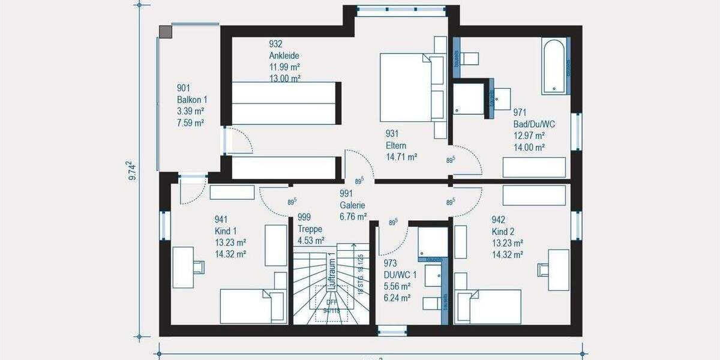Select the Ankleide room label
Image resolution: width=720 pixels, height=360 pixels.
[284, 55]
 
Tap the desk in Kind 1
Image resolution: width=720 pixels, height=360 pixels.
[182, 267]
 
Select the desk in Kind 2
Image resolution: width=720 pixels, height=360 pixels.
[558, 269]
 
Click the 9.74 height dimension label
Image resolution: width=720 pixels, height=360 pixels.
[131, 171]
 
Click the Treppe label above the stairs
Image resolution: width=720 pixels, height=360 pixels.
[310, 229]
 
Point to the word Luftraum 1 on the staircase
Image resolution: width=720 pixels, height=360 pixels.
[331, 272]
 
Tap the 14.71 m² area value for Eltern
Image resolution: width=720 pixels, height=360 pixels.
[401, 157]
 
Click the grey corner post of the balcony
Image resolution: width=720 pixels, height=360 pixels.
[165, 31]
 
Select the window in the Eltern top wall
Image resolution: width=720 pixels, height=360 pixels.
[401, 10]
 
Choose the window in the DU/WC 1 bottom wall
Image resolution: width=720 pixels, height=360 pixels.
[392, 330]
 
